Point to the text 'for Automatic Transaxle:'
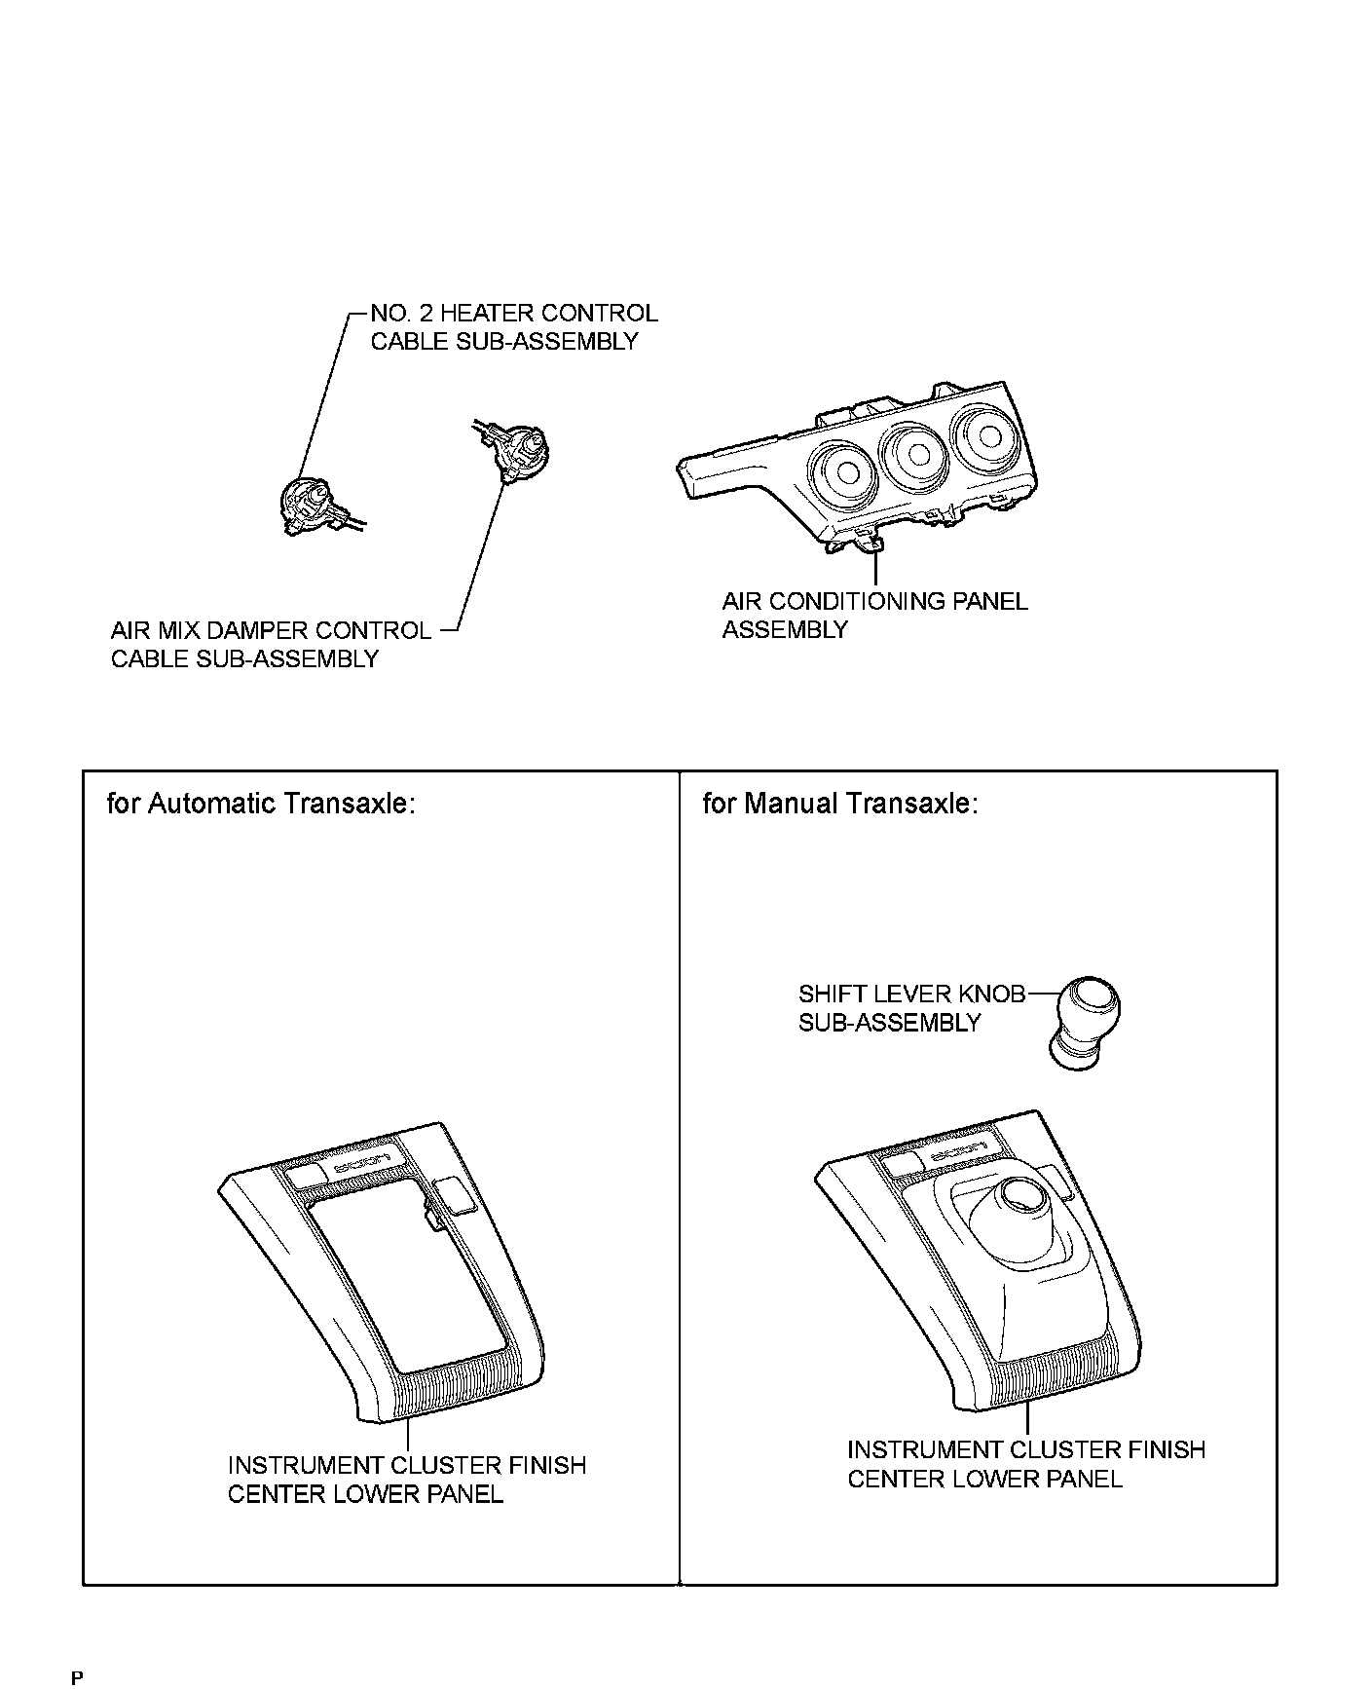point(261,804)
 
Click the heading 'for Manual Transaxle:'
point(839,804)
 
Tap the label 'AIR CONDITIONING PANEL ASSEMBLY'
point(873,615)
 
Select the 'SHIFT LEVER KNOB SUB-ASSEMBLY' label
point(911,1008)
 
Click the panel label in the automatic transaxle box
point(406,1480)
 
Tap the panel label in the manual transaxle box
point(1025,1464)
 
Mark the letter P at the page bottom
point(77,1677)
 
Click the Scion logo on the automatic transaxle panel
point(361,1163)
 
